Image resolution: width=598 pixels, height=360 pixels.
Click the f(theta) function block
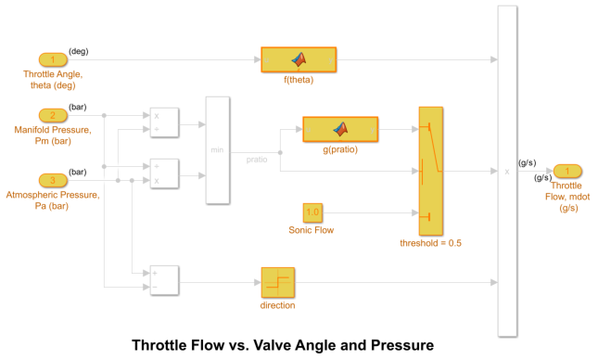coord(299,59)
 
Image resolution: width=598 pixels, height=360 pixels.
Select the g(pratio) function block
coord(340,129)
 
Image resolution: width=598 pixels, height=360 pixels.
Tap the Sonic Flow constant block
coord(312,212)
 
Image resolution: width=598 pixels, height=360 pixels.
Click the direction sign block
coord(277,282)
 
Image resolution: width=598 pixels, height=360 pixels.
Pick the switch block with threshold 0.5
coord(431,170)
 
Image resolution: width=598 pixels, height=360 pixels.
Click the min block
coord(217,149)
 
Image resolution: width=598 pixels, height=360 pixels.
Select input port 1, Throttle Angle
coord(53,60)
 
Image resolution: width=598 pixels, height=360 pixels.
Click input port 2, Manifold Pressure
coord(53,116)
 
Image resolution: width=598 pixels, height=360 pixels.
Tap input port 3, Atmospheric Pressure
coord(53,180)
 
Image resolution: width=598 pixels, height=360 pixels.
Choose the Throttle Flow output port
coord(567,171)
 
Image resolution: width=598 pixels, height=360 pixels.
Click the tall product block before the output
coord(507,171)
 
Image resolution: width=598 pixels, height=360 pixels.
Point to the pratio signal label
coord(257,160)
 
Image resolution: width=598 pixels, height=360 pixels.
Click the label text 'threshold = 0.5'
coord(430,243)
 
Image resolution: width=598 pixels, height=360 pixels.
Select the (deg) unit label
coord(79,52)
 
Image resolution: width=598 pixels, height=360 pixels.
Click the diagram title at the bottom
coord(282,346)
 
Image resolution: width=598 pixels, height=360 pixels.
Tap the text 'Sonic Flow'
coord(312,230)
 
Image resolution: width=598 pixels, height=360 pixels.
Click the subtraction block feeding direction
coord(164,281)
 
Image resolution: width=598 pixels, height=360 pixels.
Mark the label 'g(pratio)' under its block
coord(340,149)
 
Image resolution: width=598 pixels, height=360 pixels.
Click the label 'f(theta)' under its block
coord(299,80)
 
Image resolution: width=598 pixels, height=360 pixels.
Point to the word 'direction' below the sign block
coord(277,305)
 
